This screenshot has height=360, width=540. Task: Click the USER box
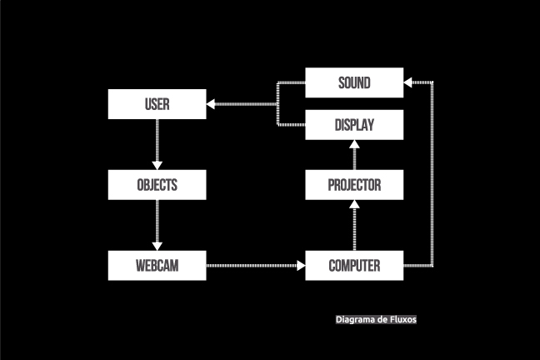tap(157, 104)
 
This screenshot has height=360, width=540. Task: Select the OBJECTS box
tap(157, 185)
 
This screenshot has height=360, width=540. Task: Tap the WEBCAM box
tap(157, 266)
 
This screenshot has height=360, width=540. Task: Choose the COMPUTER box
tap(354, 266)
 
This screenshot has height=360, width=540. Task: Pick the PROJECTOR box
tap(354, 185)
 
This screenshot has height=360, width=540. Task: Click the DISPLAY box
tap(354, 125)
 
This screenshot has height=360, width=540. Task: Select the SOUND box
tap(354, 83)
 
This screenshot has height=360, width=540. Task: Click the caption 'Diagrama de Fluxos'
tap(376, 319)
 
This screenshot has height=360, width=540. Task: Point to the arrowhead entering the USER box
tap(212, 104)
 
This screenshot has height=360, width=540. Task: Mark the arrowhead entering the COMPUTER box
tap(300, 266)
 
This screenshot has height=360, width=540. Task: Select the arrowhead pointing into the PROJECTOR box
tap(354, 205)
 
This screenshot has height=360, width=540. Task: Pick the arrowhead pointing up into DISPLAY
tap(354, 145)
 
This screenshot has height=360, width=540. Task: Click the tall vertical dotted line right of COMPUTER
tap(432, 175)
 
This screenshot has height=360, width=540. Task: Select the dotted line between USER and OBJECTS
tap(157, 140)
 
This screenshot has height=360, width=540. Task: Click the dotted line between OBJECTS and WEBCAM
tap(157, 220)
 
